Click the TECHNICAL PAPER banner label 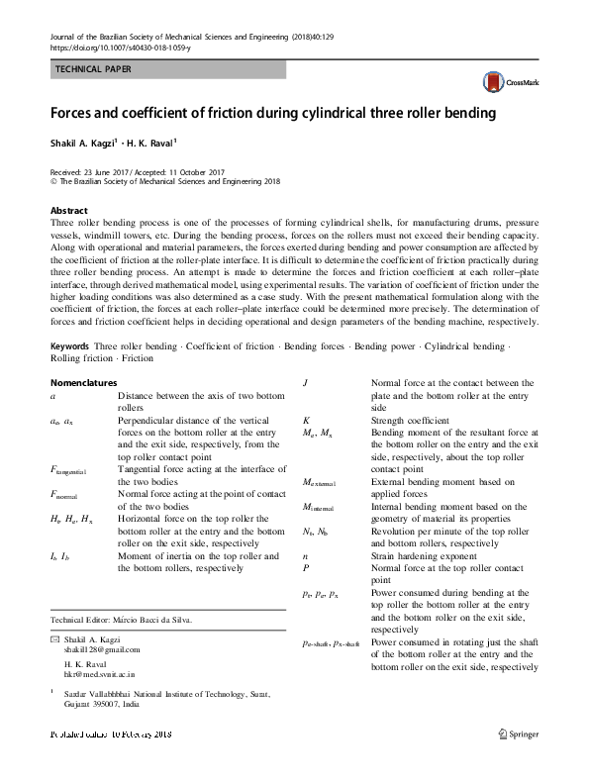coord(92,68)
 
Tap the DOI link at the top coord(119,47)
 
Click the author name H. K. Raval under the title coord(152,142)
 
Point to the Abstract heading coord(69,212)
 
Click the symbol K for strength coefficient coord(305,420)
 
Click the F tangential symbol coord(72,469)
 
